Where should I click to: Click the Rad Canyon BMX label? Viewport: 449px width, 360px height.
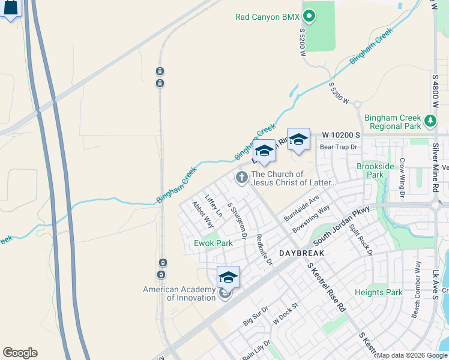point(267,17)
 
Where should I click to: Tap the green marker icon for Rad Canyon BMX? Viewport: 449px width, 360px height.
point(309,16)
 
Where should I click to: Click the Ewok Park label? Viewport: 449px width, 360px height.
point(213,243)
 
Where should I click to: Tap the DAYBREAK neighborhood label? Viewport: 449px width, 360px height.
point(301,253)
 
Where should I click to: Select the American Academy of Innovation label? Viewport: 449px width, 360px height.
point(179,293)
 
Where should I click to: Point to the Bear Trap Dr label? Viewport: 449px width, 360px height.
point(339,146)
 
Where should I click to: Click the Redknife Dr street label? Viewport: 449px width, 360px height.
point(264,250)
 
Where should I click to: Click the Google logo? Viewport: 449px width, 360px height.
point(20,353)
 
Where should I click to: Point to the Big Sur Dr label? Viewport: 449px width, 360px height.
point(256,317)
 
